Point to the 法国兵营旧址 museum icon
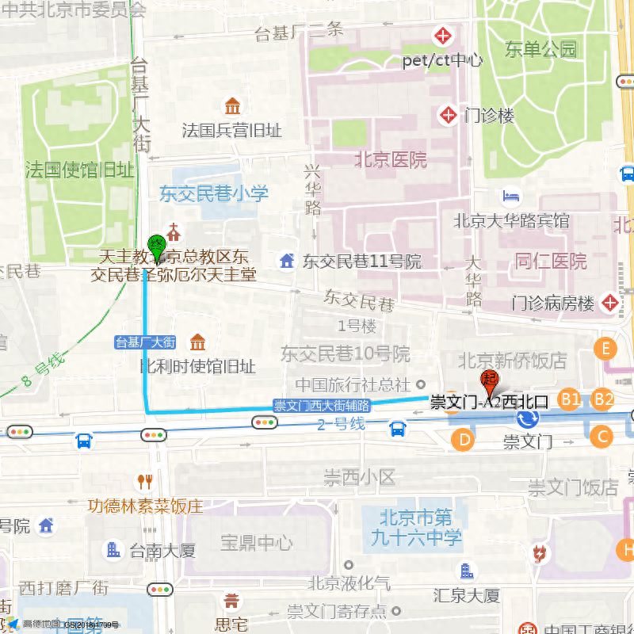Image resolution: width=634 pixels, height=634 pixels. tap(232, 106)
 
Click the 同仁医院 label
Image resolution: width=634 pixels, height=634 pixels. tap(551, 261)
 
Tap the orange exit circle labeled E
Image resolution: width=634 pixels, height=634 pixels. tap(606, 349)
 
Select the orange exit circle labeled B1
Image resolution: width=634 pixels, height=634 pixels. tap(570, 399)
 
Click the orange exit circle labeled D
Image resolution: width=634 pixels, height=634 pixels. tap(464, 438)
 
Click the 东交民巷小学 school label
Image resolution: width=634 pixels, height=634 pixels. tap(214, 193)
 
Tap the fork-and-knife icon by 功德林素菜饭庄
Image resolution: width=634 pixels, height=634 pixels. tap(144, 481)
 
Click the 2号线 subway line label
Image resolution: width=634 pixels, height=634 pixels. tap(342, 424)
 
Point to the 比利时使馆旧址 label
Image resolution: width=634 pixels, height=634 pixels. tap(197, 366)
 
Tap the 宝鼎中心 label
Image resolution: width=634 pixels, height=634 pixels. tap(256, 543)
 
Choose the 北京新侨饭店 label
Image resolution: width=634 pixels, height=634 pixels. tap(512, 361)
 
